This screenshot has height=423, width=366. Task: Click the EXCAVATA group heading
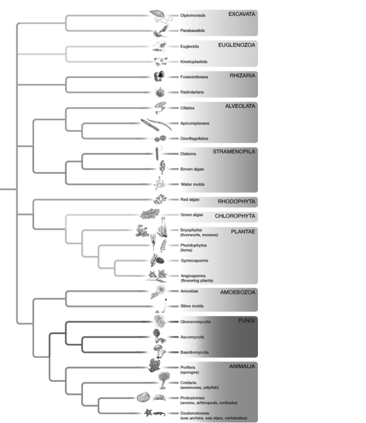click(241, 14)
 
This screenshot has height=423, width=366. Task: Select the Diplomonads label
click(193, 15)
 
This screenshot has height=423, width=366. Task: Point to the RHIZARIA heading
click(243, 75)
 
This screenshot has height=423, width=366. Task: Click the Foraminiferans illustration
click(159, 76)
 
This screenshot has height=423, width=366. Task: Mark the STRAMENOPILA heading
click(234, 151)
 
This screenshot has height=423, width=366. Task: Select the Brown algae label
click(192, 169)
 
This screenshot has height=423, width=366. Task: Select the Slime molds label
click(192, 306)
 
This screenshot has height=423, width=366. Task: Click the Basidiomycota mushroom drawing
click(158, 350)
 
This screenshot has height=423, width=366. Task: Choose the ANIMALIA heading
click(241, 367)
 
